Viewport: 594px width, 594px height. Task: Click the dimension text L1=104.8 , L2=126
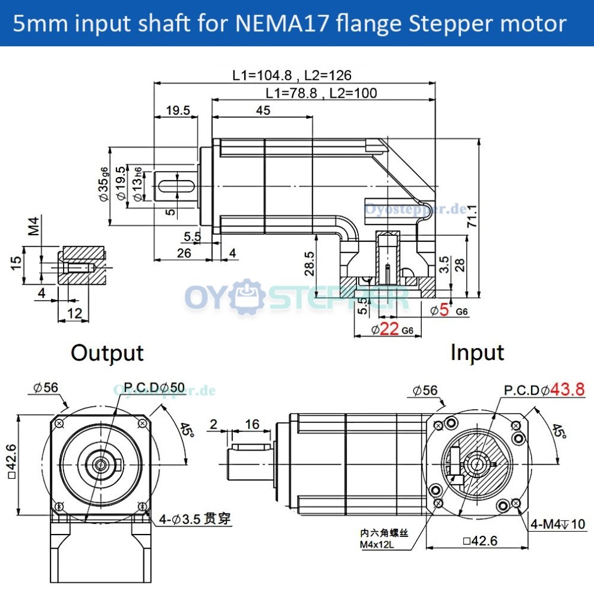292,76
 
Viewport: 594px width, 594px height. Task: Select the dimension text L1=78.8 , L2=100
321,93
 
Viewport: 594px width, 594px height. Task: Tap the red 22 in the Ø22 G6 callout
389,329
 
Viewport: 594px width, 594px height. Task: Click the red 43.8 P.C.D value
567,389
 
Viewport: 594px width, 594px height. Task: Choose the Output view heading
107,353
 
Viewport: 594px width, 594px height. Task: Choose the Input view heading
477,353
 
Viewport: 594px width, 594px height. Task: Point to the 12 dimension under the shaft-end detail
74,313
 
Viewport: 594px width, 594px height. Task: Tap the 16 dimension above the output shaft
252,425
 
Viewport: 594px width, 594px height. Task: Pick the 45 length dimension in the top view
263,110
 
